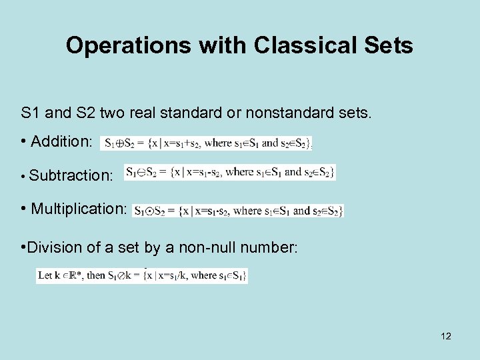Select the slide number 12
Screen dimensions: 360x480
pyautogui.click(x=446, y=336)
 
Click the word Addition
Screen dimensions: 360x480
pyautogui.click(x=62, y=141)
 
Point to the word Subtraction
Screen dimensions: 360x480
pyautogui.click(x=71, y=175)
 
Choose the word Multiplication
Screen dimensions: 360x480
pyautogui.click(x=79, y=209)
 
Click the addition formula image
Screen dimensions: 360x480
pyautogui.click(x=207, y=143)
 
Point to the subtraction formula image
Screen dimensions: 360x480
pyautogui.click(x=230, y=173)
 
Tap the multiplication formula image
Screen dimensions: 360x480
pyautogui.click(x=238, y=211)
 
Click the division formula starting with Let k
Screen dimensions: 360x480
pyautogui.click(x=142, y=275)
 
